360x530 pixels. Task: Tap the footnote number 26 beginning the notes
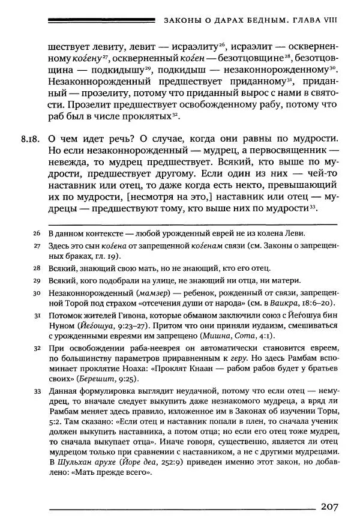(x=37, y=233)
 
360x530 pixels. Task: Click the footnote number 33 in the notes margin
(x=37, y=390)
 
